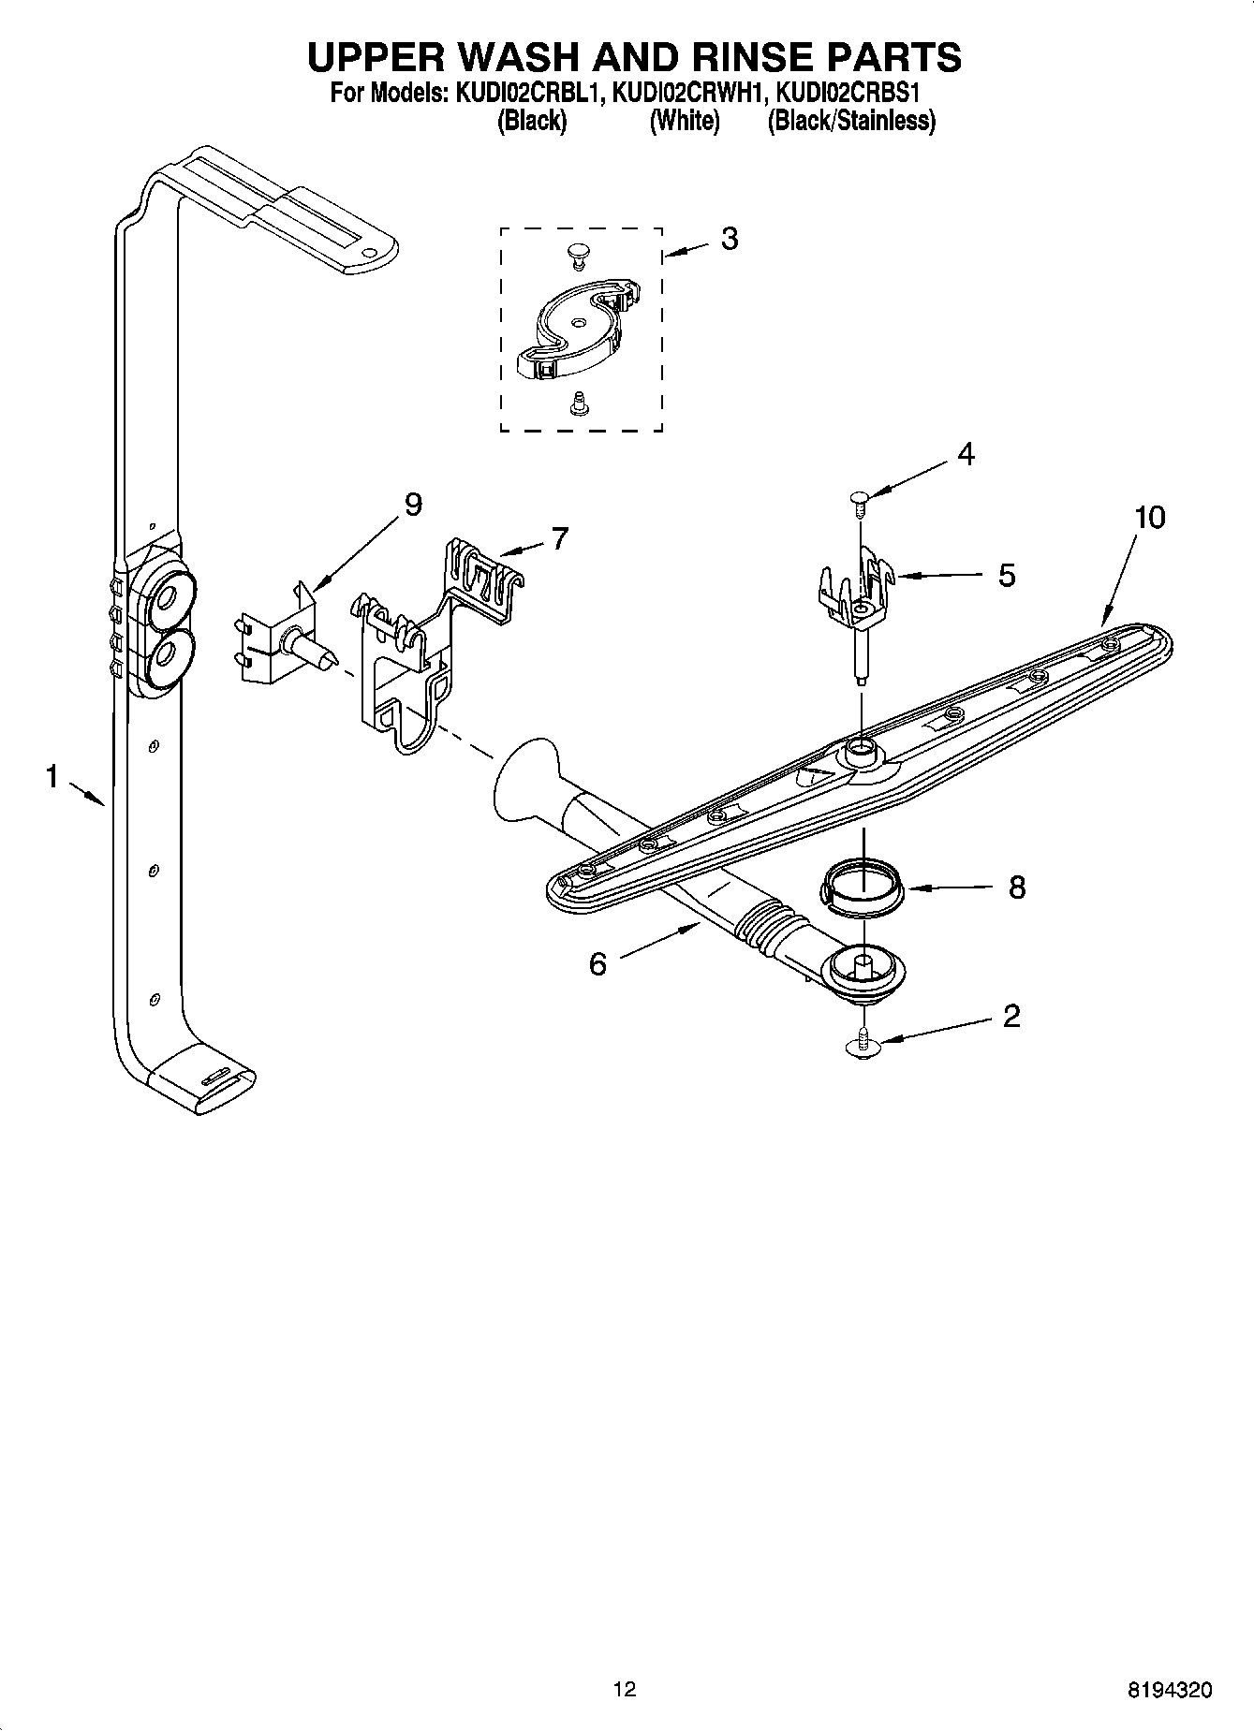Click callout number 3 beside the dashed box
click(x=729, y=239)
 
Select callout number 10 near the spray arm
click(x=1149, y=517)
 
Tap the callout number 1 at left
click(x=52, y=775)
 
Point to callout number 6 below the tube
click(x=597, y=963)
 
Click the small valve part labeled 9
click(x=281, y=642)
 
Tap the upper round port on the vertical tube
click(x=169, y=594)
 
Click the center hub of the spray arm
click(x=859, y=749)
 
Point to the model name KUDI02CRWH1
click(x=689, y=94)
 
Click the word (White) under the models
click(x=685, y=121)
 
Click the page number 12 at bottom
click(x=625, y=1689)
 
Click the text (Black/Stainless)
click(x=851, y=121)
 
